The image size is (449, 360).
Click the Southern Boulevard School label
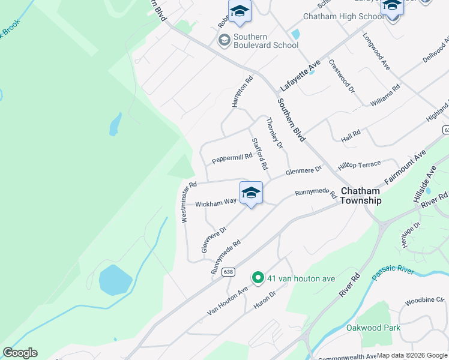point(266,41)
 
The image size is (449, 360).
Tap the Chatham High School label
point(343,16)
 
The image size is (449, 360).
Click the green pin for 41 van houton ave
point(258,278)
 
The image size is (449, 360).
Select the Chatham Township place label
point(360,196)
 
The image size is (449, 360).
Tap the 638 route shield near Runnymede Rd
point(228,272)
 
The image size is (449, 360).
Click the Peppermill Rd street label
point(232,157)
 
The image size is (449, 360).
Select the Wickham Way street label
point(216,203)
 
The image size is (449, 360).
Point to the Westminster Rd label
point(188,203)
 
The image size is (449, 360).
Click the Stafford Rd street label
point(260,153)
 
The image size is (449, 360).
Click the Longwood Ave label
point(376,52)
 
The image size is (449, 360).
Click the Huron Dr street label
point(264,301)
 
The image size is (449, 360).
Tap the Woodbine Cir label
point(424,299)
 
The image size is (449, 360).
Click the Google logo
point(20,353)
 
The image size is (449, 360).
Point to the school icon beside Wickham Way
point(251,193)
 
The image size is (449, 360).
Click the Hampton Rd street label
point(243,91)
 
